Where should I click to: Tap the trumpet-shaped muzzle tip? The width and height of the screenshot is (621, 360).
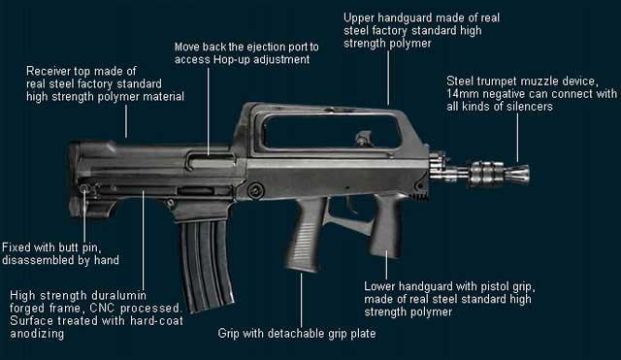pyautogui.click(x=519, y=174)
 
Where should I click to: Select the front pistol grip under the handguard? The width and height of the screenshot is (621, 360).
pyautogui.click(x=386, y=225)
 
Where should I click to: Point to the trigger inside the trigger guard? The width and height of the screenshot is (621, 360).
pyautogui.click(x=350, y=204)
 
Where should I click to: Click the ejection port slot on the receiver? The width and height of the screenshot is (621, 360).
pyautogui.click(x=211, y=160)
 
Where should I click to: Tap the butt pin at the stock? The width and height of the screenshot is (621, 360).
pyautogui.click(x=84, y=188)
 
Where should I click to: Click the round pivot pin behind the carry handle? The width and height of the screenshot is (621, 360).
pyautogui.click(x=255, y=190)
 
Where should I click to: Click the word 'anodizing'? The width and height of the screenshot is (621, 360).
pyautogui.click(x=37, y=334)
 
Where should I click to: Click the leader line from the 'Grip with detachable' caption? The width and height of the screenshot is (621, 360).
pyautogui.click(x=301, y=300)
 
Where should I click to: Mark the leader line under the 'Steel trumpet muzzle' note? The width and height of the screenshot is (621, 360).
pyautogui.click(x=517, y=138)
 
